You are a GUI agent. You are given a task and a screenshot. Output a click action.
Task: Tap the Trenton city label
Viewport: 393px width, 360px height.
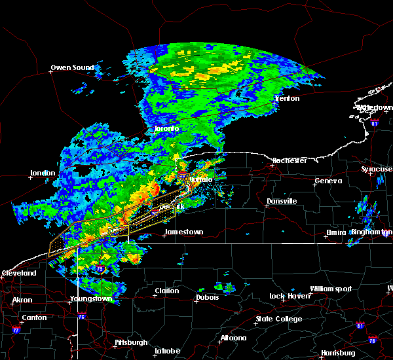tap(287, 98)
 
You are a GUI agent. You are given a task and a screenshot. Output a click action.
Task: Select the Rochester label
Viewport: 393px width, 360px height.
tap(290, 160)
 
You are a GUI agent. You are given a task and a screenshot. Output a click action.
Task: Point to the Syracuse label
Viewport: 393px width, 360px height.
tap(377, 169)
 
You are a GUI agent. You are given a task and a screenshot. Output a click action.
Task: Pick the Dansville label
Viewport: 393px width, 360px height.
tap(282, 201)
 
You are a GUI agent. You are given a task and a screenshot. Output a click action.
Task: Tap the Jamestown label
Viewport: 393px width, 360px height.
tap(183, 232)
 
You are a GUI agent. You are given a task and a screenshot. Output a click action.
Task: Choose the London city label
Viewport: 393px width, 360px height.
tap(42, 173)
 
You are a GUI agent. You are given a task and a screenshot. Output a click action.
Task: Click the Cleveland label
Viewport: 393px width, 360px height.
tap(18, 272)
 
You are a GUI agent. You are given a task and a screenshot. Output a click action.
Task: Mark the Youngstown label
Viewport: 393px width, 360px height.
tap(90, 299)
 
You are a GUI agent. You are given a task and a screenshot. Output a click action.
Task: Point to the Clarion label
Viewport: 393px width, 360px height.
tap(167, 291)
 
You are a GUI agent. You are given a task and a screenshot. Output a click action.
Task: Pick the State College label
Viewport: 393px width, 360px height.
tap(279, 319)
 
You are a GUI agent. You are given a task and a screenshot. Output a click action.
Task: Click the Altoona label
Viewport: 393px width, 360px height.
tap(233, 338)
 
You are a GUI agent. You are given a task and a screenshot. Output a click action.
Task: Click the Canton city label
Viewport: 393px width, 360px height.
tap(34, 318)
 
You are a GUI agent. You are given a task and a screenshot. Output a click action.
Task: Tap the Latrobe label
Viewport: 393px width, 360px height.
tap(167, 351)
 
